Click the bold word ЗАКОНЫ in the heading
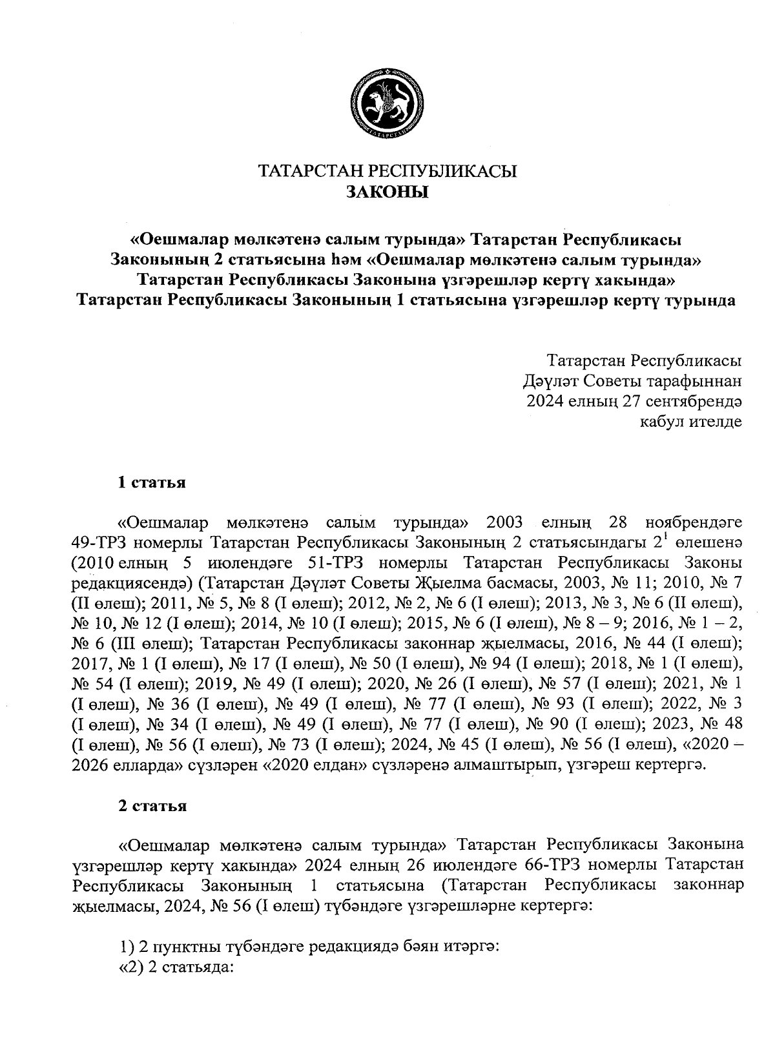coord(387,192)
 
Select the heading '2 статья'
coord(152,806)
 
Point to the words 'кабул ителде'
coord(690,422)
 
